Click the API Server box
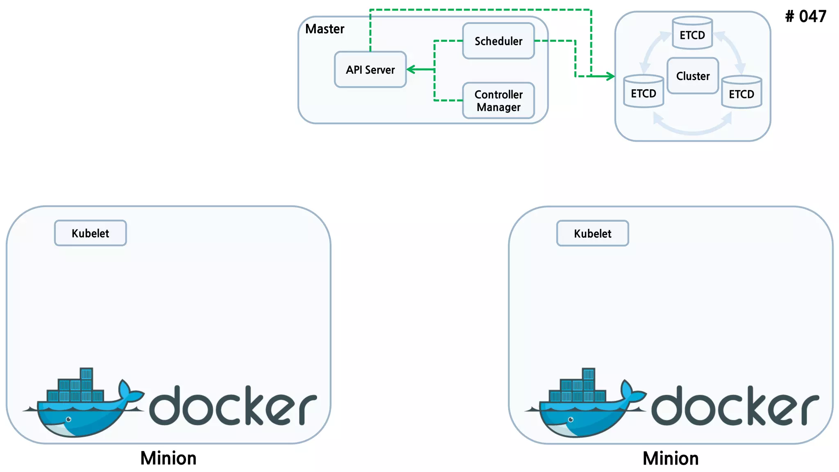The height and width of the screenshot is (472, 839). tap(370, 70)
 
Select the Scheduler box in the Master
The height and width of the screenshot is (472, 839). tap(498, 41)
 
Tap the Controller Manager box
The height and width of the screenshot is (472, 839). tap(498, 101)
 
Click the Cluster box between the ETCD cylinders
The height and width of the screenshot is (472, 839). tap(692, 76)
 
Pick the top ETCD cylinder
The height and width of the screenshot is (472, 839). tap(692, 34)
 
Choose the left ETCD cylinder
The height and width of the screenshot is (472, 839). tap(643, 92)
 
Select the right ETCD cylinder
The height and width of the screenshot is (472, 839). tap(741, 93)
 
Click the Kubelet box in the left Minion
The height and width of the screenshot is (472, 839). tap(90, 233)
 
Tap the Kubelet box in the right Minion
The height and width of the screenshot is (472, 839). tap(592, 234)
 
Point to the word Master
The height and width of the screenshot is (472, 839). tap(324, 29)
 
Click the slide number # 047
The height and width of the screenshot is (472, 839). tap(805, 17)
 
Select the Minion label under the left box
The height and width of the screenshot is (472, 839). tap(168, 458)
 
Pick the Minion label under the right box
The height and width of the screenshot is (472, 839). tap(671, 458)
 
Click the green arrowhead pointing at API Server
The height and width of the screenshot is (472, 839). tap(410, 70)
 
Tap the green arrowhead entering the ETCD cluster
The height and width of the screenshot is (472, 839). tap(611, 76)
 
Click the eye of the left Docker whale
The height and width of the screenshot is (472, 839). tap(69, 419)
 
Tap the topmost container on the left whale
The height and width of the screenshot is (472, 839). tap(86, 374)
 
